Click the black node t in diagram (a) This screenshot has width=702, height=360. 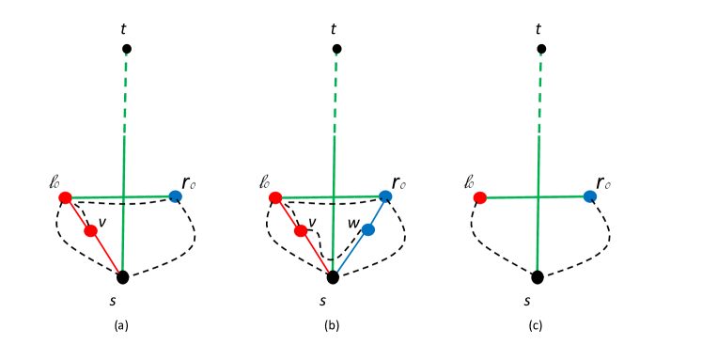[x=127, y=48]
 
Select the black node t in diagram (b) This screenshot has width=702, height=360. [x=337, y=48]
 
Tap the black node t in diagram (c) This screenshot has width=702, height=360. [x=539, y=48]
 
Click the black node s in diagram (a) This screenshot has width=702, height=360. [x=122, y=276]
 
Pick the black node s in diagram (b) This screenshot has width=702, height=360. [x=332, y=276]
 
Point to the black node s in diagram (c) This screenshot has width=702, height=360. [x=537, y=276]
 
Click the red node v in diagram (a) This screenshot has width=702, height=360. [x=91, y=230]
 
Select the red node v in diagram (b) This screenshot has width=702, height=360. [x=301, y=230]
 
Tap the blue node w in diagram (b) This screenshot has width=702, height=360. [x=368, y=229]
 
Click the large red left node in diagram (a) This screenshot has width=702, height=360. [x=65, y=197]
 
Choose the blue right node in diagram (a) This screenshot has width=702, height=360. [x=175, y=196]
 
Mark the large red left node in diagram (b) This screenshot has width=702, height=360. [x=274, y=197]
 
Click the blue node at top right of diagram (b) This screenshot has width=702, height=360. [x=385, y=196]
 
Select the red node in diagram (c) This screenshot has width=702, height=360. [x=480, y=197]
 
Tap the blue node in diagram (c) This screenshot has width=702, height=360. [x=589, y=196]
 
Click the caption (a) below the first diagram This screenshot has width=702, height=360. [x=121, y=325]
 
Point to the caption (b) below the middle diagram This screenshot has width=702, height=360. [x=332, y=325]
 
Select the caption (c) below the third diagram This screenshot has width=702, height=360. [x=537, y=325]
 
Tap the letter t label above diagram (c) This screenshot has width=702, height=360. [x=538, y=29]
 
